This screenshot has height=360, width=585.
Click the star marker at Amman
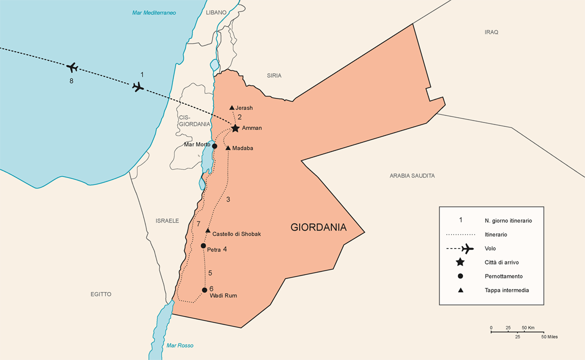coord(235,128)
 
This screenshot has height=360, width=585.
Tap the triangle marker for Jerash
coord(232,108)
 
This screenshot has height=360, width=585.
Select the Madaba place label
coord(242,148)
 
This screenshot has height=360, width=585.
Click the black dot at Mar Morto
coord(214,146)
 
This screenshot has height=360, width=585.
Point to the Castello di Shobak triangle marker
coord(207,230)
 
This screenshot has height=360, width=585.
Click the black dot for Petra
coord(203,245)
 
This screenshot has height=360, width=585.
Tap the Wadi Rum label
coord(223,295)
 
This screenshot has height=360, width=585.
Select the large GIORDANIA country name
coord(318,227)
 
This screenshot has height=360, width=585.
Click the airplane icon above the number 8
coord(72,67)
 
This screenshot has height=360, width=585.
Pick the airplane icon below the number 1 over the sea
coord(138,87)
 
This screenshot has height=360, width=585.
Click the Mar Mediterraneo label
coord(154,12)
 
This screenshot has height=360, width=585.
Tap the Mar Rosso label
coord(180,345)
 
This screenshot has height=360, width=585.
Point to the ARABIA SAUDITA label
coord(412,175)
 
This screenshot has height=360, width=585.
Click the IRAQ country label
coord(491,32)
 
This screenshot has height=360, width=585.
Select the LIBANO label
coord(216,12)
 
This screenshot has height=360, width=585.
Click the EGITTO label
coord(101,294)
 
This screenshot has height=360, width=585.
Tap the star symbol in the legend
coord(460,262)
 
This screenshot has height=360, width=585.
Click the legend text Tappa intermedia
coord(506,290)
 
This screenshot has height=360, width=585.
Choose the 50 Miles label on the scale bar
coord(549,336)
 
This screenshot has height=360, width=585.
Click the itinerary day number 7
coord(198,223)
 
